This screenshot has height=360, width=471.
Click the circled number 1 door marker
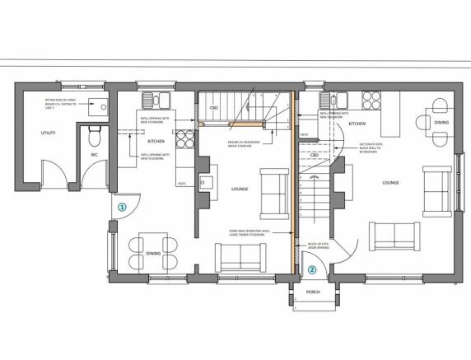point(121,208)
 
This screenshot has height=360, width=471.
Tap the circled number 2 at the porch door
point(312,269)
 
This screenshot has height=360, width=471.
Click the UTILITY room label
point(36,133)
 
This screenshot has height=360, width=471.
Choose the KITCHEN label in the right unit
point(357,124)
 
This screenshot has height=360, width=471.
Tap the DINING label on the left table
point(153,254)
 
